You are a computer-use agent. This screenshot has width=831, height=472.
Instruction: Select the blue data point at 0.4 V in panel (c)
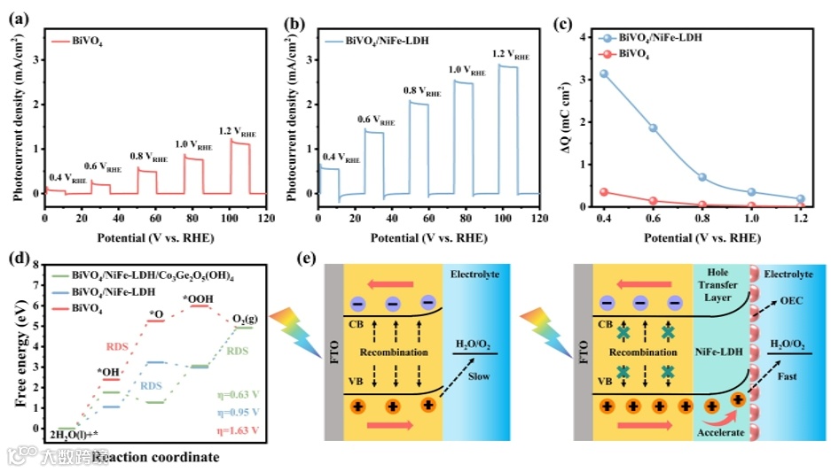pos(604,74)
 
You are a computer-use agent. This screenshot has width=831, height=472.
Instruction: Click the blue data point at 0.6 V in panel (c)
pos(653,128)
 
